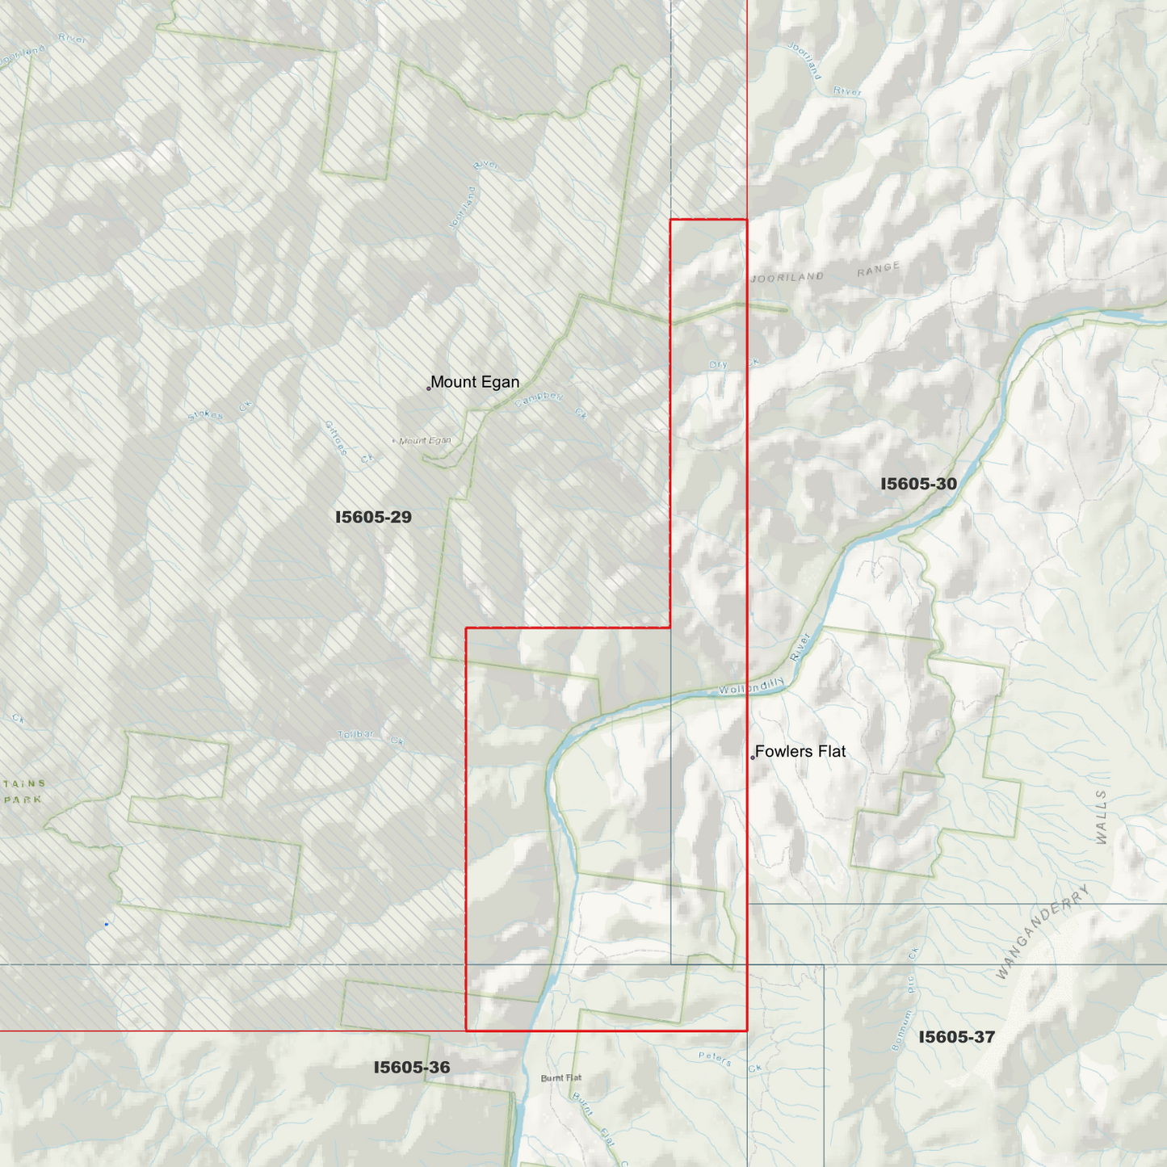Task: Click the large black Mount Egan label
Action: pos(475,382)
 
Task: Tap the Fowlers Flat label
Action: pos(800,752)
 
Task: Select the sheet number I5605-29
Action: pos(373,517)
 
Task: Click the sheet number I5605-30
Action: pos(918,484)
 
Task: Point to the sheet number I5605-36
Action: pos(412,1068)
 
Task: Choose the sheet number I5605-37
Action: pos(956,1037)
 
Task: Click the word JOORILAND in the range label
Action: pos(787,277)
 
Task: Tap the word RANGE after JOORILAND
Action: pos(878,269)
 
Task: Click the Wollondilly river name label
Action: pos(752,687)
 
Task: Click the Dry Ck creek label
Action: pos(734,364)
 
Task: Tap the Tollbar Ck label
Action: pos(370,736)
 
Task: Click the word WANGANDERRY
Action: pos(1043,931)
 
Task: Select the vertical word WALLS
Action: pos(1102,817)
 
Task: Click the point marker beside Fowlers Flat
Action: pos(753,758)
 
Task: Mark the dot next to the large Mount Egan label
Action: pos(429,388)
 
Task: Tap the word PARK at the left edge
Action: pos(23,800)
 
